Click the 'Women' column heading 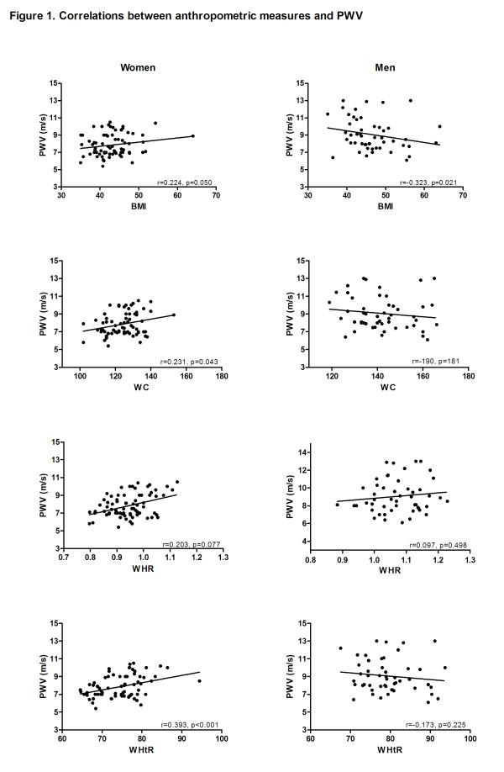click(x=138, y=66)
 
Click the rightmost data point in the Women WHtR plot click(x=199, y=681)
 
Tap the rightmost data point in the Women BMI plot click(x=192, y=135)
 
